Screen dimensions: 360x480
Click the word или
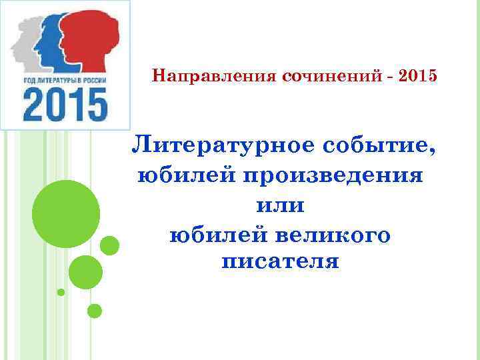tap(280, 205)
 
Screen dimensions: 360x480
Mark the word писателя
tap(280, 261)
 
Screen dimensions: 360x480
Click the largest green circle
tap(66, 214)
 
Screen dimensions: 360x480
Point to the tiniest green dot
tap(61, 292)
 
